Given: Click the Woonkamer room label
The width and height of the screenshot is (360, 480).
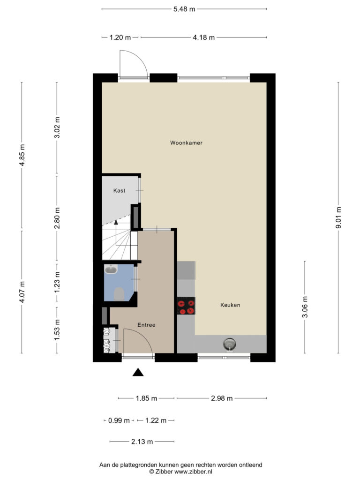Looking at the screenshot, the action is coord(186,142).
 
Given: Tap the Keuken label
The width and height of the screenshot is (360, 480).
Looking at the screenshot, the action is coord(230,305).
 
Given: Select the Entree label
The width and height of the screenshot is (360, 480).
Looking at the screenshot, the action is coord(146,325).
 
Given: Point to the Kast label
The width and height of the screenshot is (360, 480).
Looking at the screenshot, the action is coord(120,190).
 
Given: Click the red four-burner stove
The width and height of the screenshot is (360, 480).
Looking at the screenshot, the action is coord(186,306).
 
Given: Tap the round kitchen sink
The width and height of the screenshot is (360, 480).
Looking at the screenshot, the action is coord(230,344).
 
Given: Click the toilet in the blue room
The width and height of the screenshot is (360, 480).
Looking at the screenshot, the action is coord(119,294).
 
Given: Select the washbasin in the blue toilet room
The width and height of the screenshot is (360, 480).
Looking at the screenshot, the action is coord(111,270).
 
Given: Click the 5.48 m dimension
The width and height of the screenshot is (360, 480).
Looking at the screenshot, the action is coord(184,9).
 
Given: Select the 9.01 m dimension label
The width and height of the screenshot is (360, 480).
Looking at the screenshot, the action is coord(338,217).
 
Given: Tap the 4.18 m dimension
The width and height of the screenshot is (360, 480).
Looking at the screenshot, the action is coord(203,37).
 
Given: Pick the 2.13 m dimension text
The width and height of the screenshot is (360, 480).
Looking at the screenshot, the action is coord(142,442).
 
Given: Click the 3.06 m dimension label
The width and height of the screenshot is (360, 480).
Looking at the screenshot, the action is coord(305,307).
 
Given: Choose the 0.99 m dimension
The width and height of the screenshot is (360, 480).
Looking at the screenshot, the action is coord(119,420).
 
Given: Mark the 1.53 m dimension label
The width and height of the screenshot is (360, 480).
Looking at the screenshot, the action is coord(57,330).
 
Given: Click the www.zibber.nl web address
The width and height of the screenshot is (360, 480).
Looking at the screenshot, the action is coord(193,472).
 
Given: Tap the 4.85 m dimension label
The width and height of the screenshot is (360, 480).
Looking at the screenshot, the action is coord(22,155).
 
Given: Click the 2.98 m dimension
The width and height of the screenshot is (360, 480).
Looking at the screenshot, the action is coord(222,398).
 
